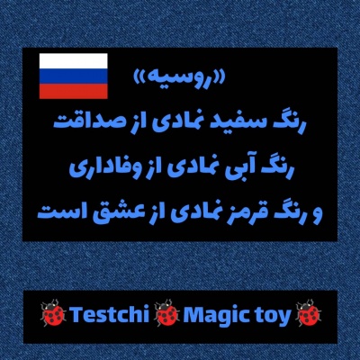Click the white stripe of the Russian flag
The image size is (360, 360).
coord(73,61)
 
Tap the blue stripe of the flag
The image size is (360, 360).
coord(73,76)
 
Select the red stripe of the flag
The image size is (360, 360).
coord(73,91)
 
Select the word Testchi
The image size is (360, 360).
coord(107,316)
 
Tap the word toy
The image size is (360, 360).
coord(275,317)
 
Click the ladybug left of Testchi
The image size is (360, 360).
coord(53,316)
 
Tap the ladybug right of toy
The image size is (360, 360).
coord(309,316)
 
